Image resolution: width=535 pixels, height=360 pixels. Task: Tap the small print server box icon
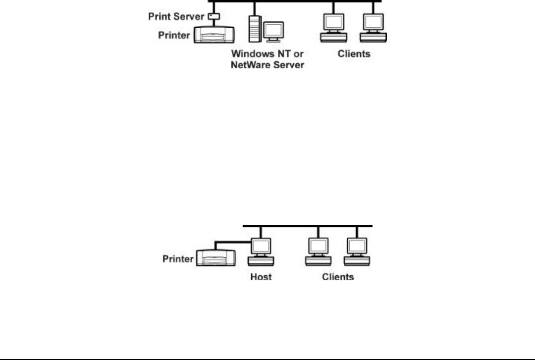(x=213, y=17)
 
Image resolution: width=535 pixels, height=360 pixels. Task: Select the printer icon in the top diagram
(x=214, y=34)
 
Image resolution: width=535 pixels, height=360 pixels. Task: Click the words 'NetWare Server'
(x=267, y=65)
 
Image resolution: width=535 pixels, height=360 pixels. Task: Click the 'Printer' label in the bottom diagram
(x=178, y=258)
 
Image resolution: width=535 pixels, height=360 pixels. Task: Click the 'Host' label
(x=261, y=277)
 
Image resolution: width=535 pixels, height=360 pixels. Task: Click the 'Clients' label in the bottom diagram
(x=338, y=277)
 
